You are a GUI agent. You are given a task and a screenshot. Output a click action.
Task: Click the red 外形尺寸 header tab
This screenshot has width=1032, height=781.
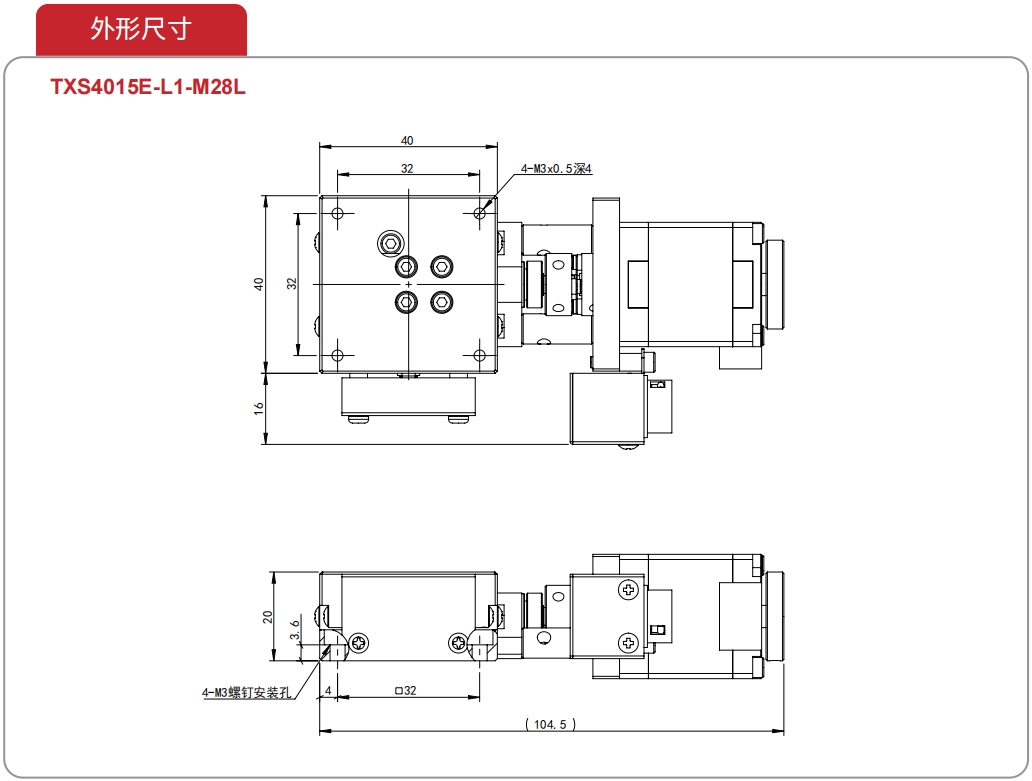coord(142,29)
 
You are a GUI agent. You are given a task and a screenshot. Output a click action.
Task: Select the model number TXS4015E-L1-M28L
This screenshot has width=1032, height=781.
coord(148,87)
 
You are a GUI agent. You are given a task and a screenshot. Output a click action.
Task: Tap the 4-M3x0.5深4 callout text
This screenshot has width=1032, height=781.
coord(556,168)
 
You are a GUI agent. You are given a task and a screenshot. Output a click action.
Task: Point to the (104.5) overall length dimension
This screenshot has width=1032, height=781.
coord(550,724)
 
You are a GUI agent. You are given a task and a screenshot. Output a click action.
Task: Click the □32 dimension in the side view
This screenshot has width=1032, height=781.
coord(405,690)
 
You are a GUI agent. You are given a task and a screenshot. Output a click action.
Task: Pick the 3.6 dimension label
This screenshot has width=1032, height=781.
coord(295,630)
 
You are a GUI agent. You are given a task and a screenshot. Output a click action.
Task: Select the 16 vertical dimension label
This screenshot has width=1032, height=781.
coord(259,408)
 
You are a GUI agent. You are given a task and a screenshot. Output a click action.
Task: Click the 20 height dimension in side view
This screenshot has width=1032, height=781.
coord(267,617)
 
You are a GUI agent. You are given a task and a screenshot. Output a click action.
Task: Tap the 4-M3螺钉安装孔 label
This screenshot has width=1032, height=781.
coord(246,692)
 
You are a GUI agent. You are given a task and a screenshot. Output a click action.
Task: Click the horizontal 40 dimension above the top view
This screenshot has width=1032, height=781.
coord(407,140)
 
